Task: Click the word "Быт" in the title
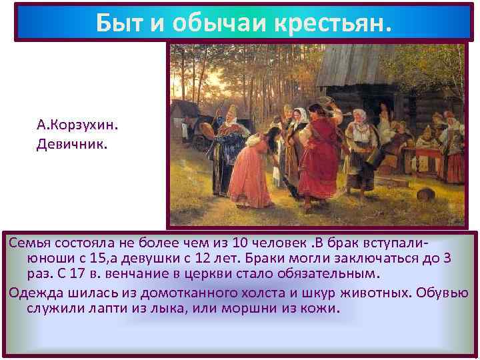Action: (117, 23)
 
